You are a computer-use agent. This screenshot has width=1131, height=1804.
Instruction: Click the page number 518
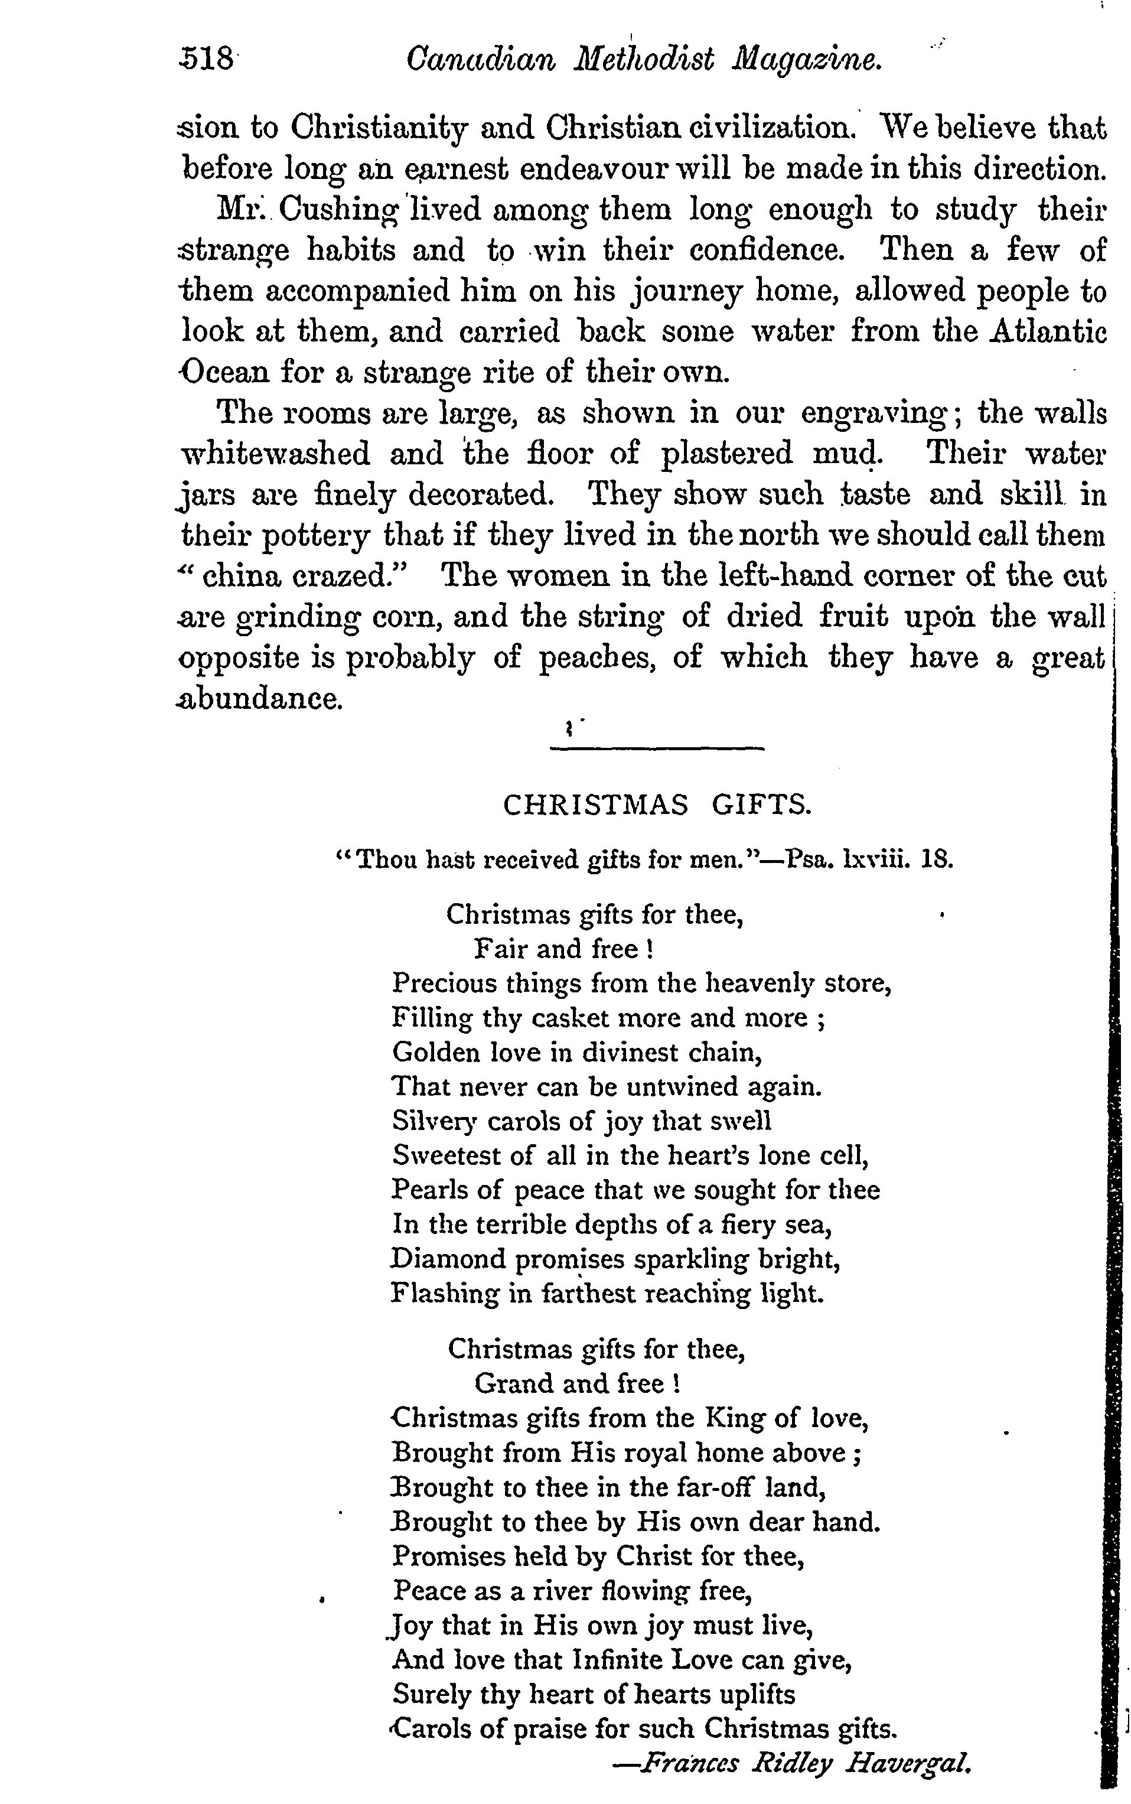208,59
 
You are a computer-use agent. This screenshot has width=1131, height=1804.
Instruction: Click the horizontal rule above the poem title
657,747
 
